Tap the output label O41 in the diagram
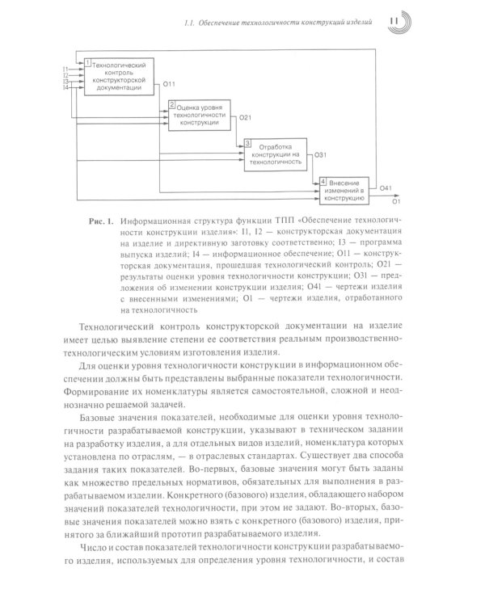coord(386,188)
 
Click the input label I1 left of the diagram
coord(65,69)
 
